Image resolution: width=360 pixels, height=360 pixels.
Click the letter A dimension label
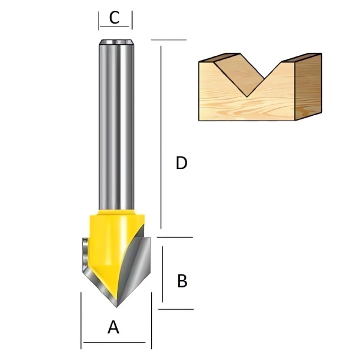tap(113, 327)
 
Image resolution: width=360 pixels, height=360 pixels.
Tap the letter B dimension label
tap(182, 281)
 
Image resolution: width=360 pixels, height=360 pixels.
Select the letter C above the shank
tap(115, 17)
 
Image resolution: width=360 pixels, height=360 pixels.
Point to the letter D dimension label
tap(181, 163)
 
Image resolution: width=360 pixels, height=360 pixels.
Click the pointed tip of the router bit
tap(116, 307)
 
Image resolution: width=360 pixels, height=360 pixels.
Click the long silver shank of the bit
tap(116, 125)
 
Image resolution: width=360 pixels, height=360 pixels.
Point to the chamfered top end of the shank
tap(116, 42)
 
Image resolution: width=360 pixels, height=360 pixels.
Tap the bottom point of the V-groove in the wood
tap(247, 97)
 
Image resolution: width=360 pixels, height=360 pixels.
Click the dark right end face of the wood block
tap(308, 86)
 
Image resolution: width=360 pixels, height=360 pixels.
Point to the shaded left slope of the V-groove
tap(239, 73)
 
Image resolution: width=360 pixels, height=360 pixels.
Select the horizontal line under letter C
tap(115, 26)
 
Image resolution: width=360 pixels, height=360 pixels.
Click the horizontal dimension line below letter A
tap(115, 343)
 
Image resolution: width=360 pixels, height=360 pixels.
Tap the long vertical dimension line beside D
tap(161, 137)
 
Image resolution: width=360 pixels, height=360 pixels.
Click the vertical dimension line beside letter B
tap(163, 274)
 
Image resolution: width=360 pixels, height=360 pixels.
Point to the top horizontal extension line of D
tap(169, 40)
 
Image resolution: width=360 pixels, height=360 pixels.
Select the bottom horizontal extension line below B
tap(176, 309)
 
